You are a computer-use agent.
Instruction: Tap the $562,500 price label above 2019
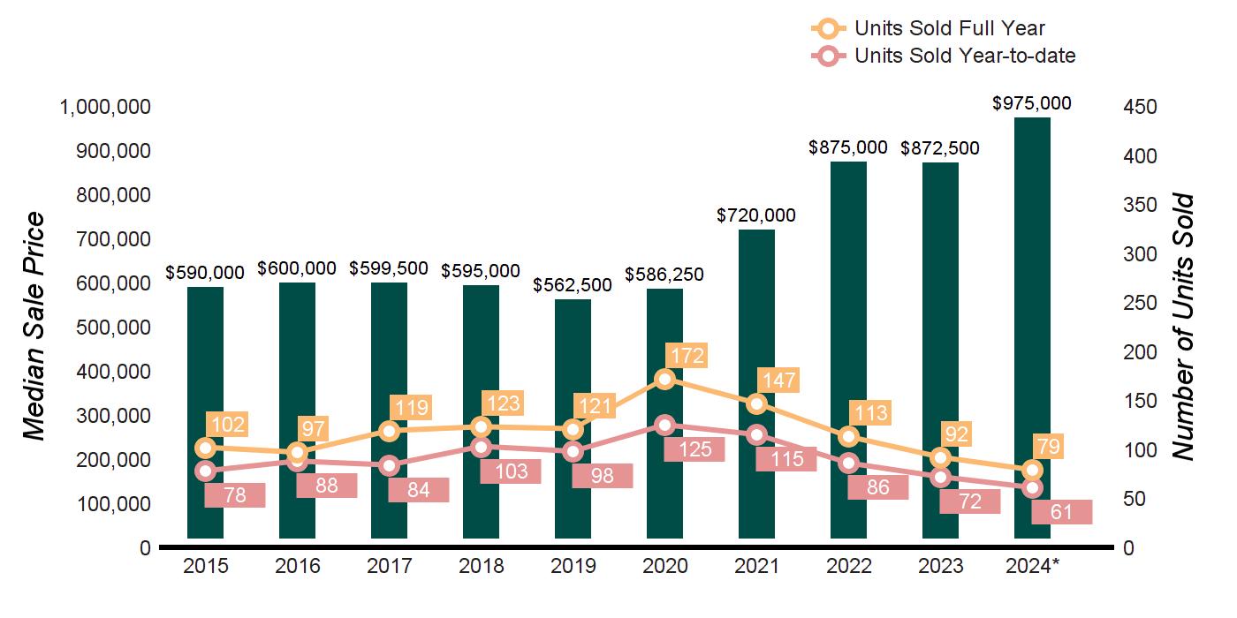573,285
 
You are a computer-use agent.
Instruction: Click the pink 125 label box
694,449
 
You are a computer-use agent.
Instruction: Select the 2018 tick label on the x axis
481,566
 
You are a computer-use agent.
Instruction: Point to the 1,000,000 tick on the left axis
105,107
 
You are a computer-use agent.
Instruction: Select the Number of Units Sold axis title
1183,327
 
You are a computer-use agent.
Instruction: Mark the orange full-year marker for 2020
664,379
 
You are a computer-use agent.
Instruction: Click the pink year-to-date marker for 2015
205,471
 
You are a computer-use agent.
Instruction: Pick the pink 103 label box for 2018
511,471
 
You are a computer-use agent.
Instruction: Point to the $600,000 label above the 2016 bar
297,268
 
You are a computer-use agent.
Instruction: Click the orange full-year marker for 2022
848,436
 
